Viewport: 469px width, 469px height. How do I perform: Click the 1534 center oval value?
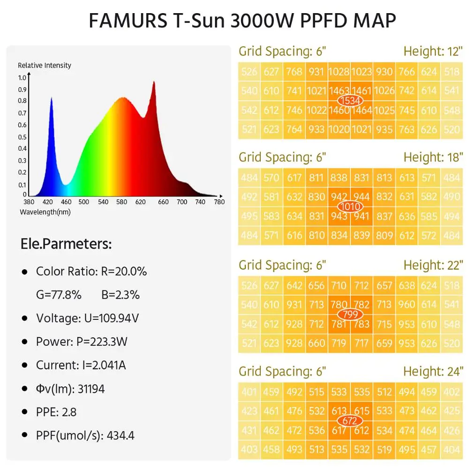350,100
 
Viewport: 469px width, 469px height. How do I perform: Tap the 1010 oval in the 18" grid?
350,206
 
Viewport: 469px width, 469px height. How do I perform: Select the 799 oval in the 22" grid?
350,314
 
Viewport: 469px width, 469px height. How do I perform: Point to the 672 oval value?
350,421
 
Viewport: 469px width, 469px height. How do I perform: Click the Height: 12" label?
433,51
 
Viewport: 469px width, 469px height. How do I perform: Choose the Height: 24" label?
433,371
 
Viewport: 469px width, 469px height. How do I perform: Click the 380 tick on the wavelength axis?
29,202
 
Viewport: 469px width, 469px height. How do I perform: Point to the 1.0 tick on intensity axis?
22,78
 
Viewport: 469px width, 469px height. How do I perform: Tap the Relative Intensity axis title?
45,65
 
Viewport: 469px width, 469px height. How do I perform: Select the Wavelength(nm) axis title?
45,212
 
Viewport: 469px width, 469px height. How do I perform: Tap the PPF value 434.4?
121,436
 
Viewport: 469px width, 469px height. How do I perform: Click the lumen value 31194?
89,389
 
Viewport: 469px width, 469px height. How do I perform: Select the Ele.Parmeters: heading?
66,244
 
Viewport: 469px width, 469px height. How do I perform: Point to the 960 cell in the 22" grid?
407,305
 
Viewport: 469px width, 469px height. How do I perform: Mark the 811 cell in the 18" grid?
317,178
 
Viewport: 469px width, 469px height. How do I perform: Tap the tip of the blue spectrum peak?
51,97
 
